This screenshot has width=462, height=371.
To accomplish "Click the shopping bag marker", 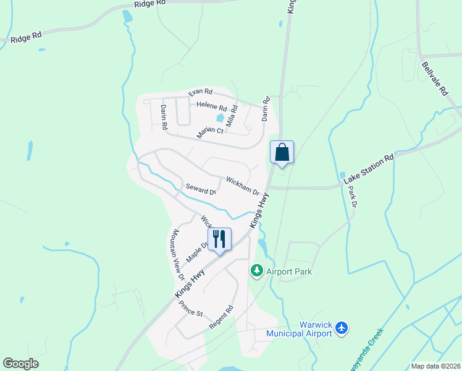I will click(x=282, y=152).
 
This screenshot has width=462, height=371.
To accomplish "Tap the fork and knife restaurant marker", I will click(x=219, y=239).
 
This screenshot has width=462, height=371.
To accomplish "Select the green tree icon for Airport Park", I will click(x=256, y=271).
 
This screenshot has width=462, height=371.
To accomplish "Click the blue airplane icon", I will click(x=342, y=329).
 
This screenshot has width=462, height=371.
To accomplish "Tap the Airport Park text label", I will click(x=288, y=271).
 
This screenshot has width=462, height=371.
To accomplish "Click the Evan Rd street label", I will click(x=200, y=92).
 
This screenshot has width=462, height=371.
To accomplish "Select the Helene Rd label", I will click(x=212, y=107).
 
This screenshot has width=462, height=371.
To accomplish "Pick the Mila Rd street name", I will click(x=232, y=116).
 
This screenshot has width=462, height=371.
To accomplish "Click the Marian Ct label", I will click(x=210, y=131).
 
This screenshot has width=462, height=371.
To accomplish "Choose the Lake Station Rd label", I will click(x=369, y=167).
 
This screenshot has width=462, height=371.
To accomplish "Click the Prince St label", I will click(x=190, y=309).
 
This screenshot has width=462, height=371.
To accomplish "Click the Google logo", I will click(x=20, y=364).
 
